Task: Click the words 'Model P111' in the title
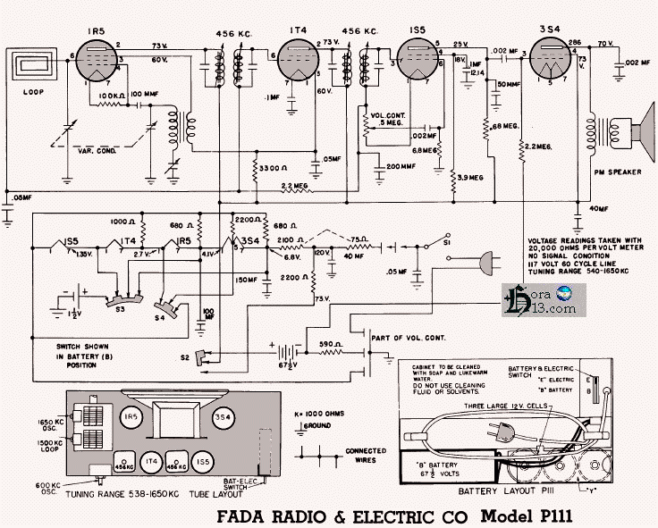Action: click(x=527, y=516)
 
